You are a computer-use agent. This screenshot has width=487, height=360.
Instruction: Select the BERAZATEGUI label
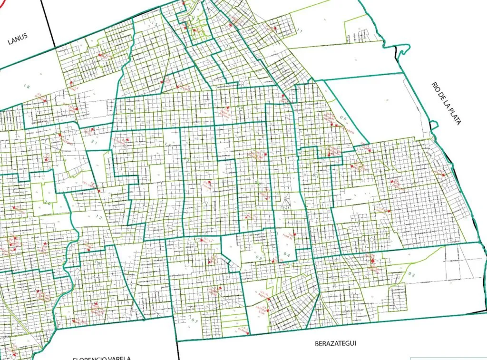tap(335, 343)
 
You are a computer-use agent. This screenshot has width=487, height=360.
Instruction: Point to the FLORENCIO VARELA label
tap(101, 358)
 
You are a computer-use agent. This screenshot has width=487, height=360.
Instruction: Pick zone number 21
tap(94, 142)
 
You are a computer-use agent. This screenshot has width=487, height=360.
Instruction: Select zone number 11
tap(299, 31)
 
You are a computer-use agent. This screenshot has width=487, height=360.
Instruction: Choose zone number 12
tap(99, 217)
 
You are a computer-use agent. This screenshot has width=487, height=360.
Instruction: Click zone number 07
tap(194, 321)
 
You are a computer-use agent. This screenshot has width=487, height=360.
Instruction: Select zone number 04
tap(286, 254)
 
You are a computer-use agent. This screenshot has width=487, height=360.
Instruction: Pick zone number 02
tap(412, 275)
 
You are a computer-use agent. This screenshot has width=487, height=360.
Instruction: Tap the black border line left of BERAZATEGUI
tap(178, 350)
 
